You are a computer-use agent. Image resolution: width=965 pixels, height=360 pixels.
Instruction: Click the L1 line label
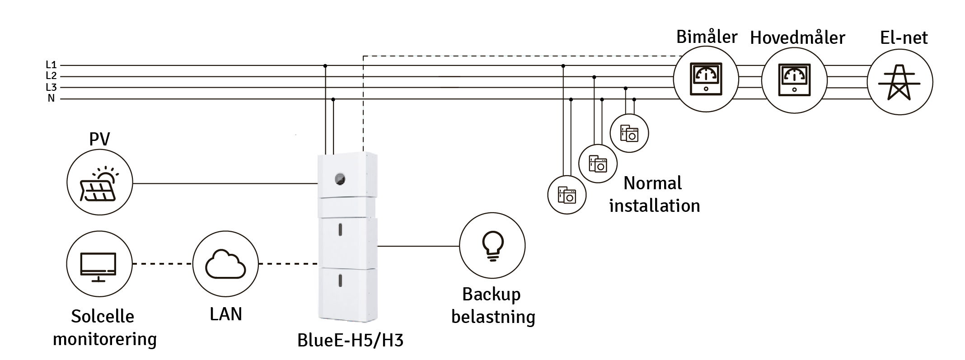coord(51,65)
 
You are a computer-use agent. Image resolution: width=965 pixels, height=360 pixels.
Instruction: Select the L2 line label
coord(51,76)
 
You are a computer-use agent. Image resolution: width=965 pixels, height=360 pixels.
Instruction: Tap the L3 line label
coord(51,87)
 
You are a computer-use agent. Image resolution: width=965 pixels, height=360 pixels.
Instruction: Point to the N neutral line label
coord(51,98)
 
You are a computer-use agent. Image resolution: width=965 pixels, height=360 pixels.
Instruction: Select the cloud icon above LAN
coord(225,264)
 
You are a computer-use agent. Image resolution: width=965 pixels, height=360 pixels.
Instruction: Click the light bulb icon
coord(492,246)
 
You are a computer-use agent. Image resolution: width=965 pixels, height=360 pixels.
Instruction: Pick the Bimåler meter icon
coord(706,79)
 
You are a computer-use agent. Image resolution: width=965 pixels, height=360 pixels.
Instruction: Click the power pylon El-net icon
coord(899,82)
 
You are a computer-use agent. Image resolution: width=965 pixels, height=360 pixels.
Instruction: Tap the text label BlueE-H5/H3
coord(350,340)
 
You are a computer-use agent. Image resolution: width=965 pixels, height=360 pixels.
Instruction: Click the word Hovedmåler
coord(797,37)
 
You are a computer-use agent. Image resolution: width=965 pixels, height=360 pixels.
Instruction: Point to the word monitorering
coord(105,339)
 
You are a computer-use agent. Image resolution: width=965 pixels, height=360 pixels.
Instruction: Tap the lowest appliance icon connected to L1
coord(567,195)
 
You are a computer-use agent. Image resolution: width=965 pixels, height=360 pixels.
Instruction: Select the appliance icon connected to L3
coord(629,133)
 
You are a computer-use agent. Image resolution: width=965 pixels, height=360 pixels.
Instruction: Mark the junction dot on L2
coord(594,77)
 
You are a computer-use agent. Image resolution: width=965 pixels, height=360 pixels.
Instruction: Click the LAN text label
coord(226,314)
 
